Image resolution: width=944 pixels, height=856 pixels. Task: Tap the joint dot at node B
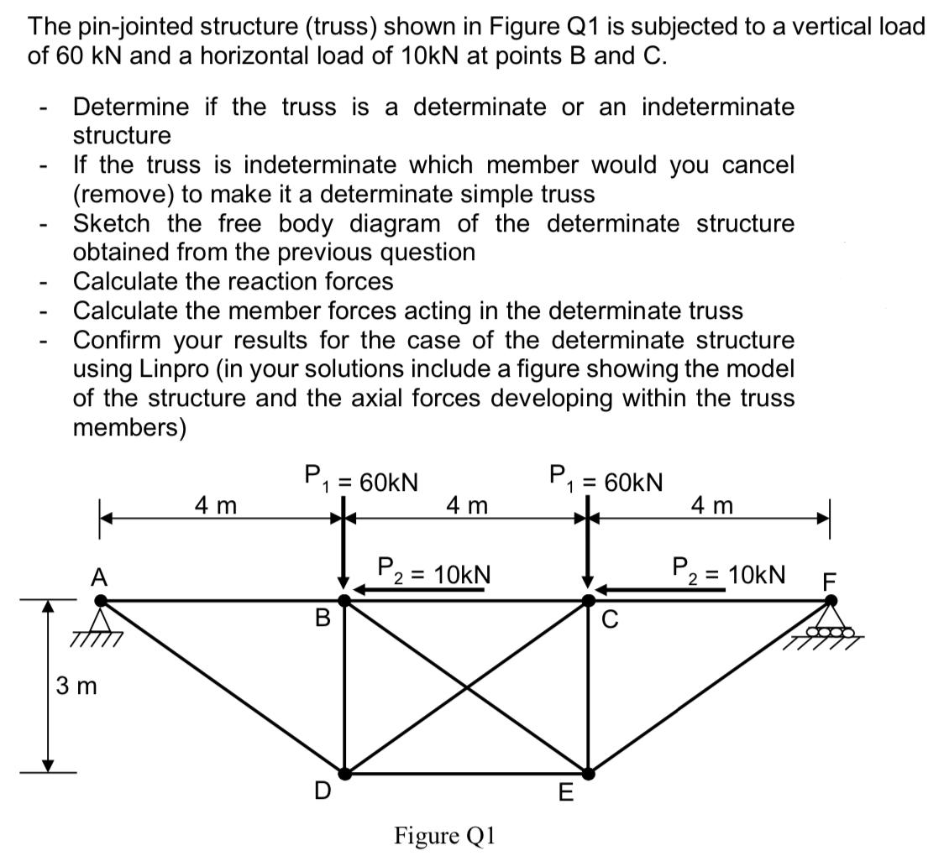344,601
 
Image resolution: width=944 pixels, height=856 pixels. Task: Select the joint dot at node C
589,601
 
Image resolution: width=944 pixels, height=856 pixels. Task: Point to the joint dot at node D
344,772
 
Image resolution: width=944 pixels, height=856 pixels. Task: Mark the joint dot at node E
588,772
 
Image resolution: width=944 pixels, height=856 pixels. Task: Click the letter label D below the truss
322,791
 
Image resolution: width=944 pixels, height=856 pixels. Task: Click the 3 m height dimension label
76,686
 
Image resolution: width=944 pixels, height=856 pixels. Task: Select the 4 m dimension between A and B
215,505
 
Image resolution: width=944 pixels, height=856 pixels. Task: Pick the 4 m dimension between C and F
711,505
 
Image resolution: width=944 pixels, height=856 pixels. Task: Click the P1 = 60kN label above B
361,480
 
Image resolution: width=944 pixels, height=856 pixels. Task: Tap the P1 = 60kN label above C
606,480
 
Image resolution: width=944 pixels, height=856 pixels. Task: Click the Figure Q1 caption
445,836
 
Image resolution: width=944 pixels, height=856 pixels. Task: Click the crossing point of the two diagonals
467,686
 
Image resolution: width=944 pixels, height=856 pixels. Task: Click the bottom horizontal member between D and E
466,772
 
